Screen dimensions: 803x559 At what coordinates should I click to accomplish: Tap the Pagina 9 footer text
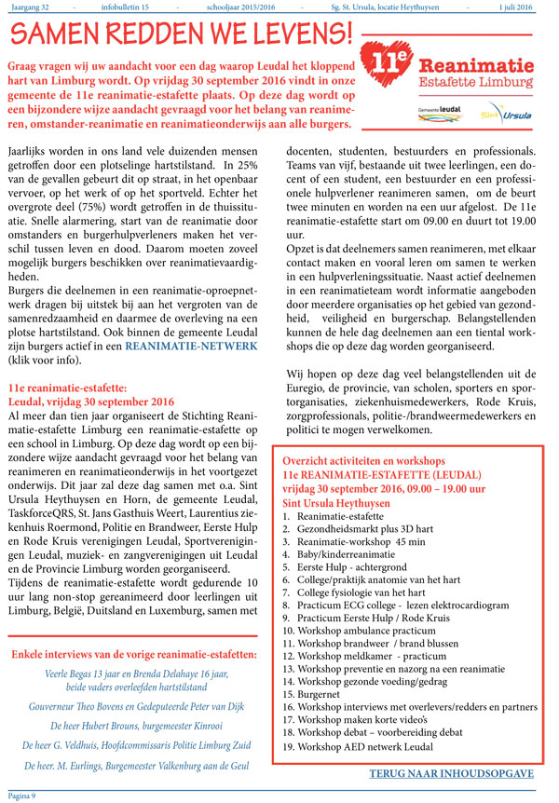[21, 795]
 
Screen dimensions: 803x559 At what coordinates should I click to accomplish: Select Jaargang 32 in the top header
[31, 7]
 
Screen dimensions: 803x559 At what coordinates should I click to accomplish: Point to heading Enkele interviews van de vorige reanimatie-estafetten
[134, 655]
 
